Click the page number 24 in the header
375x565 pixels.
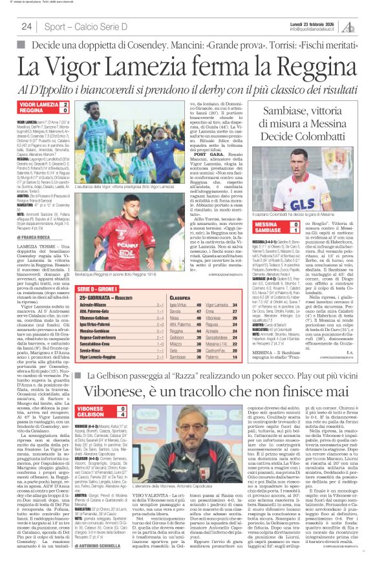[26, 27]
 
